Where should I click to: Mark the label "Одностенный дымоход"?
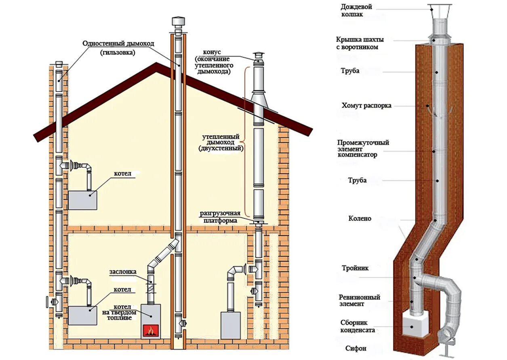[118, 44]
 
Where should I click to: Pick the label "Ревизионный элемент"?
[359, 300]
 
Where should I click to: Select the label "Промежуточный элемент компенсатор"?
[363, 149]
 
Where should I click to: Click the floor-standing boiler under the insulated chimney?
[230, 325]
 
